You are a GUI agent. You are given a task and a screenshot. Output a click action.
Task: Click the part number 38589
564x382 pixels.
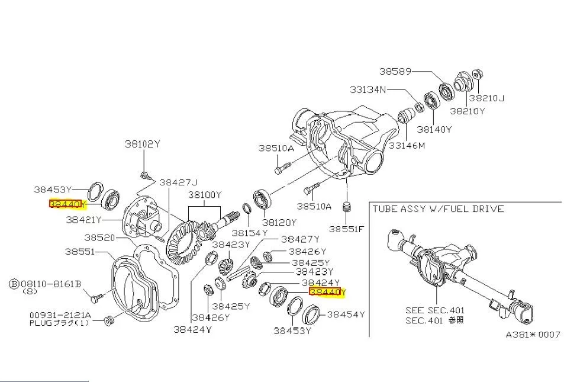click(395, 72)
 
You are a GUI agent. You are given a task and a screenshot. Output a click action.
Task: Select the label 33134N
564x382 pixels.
click(368, 90)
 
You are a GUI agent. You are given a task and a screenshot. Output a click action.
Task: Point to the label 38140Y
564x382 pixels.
click(434, 129)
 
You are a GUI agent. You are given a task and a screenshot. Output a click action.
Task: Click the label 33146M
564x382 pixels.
click(407, 145)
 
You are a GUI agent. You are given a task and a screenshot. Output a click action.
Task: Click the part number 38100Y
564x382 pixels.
click(205, 194)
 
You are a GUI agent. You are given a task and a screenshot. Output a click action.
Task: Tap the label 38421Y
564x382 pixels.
click(84, 219)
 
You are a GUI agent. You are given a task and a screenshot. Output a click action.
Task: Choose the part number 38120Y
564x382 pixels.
click(279, 223)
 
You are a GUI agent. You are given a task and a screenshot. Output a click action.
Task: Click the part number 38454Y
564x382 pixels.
click(346, 314)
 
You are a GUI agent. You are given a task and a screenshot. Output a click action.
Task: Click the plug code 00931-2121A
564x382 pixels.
click(60, 315)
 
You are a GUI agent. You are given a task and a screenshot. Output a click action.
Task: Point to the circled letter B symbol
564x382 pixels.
click(14, 284)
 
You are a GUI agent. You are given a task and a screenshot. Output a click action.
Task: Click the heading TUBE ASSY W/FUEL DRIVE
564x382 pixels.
click(438, 208)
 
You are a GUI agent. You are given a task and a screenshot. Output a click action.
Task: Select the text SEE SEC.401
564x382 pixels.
click(435, 310)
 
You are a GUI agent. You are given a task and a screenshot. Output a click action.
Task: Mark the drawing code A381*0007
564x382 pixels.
click(533, 334)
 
